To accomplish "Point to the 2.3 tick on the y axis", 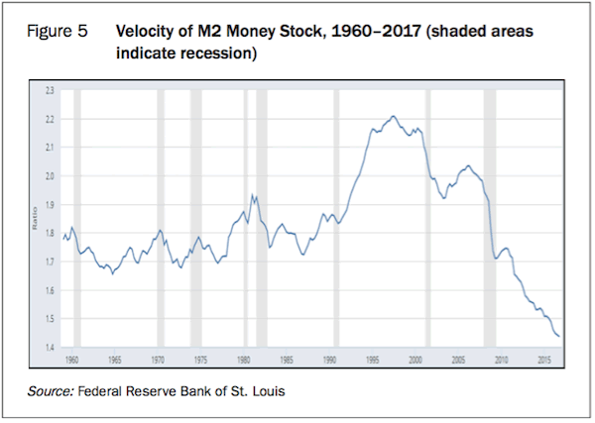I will (x=50, y=90).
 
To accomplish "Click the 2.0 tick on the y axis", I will (x=50, y=176).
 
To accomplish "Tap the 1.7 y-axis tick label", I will (x=50, y=263).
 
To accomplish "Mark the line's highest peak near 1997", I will (x=394, y=116).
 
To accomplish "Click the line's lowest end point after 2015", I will (x=559, y=336).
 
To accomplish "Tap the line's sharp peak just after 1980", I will (x=253, y=194).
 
